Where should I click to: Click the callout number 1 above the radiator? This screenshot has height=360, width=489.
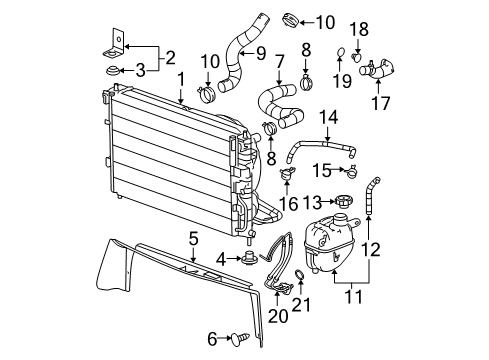(180, 78)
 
